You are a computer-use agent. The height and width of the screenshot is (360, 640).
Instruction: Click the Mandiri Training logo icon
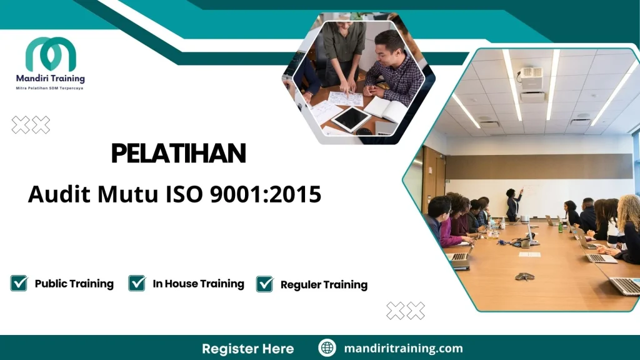(x=51, y=54)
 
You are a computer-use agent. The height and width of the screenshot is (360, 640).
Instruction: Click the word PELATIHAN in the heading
(x=178, y=154)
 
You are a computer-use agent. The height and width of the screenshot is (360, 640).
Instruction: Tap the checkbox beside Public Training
(x=19, y=283)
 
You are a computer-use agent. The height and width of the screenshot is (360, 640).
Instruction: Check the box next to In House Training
(x=137, y=283)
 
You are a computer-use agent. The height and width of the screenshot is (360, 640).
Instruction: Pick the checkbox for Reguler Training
(x=265, y=284)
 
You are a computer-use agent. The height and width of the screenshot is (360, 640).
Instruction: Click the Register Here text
(x=247, y=348)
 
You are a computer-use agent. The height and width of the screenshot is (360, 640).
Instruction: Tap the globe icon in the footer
(x=327, y=348)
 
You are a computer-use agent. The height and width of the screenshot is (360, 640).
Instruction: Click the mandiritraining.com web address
(x=403, y=348)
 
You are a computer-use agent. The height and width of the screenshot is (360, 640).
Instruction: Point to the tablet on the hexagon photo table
(x=351, y=118)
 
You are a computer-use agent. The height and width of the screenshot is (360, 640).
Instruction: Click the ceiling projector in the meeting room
(x=532, y=84)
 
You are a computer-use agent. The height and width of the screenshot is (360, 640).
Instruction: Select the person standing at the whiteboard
(x=514, y=204)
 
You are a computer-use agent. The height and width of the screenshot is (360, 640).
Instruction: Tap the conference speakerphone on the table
(x=524, y=276)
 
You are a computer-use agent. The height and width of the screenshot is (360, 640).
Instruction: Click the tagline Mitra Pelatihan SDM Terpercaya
(x=49, y=88)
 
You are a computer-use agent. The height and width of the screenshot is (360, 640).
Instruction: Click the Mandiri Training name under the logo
(x=50, y=79)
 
